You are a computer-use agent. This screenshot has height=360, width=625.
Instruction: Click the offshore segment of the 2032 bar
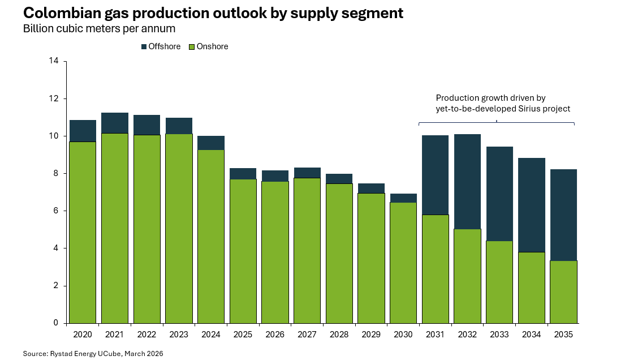tap(467, 181)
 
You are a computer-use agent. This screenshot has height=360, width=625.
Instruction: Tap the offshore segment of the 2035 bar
tap(563, 215)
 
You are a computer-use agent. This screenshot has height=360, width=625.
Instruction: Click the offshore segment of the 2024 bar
tap(211, 143)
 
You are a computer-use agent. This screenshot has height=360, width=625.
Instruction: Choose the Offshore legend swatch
tap(144, 47)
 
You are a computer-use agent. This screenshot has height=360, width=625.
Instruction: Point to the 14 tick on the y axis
tap(55, 61)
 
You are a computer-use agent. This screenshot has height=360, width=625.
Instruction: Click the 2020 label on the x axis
tap(83, 335)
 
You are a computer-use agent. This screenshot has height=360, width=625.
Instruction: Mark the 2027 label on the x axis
tap(307, 335)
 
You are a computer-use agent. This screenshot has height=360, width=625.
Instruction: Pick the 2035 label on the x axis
tap(563, 335)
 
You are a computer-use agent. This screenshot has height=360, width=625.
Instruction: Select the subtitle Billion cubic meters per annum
tap(99, 29)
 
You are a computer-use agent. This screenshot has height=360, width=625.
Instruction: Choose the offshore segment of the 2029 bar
tap(371, 188)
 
